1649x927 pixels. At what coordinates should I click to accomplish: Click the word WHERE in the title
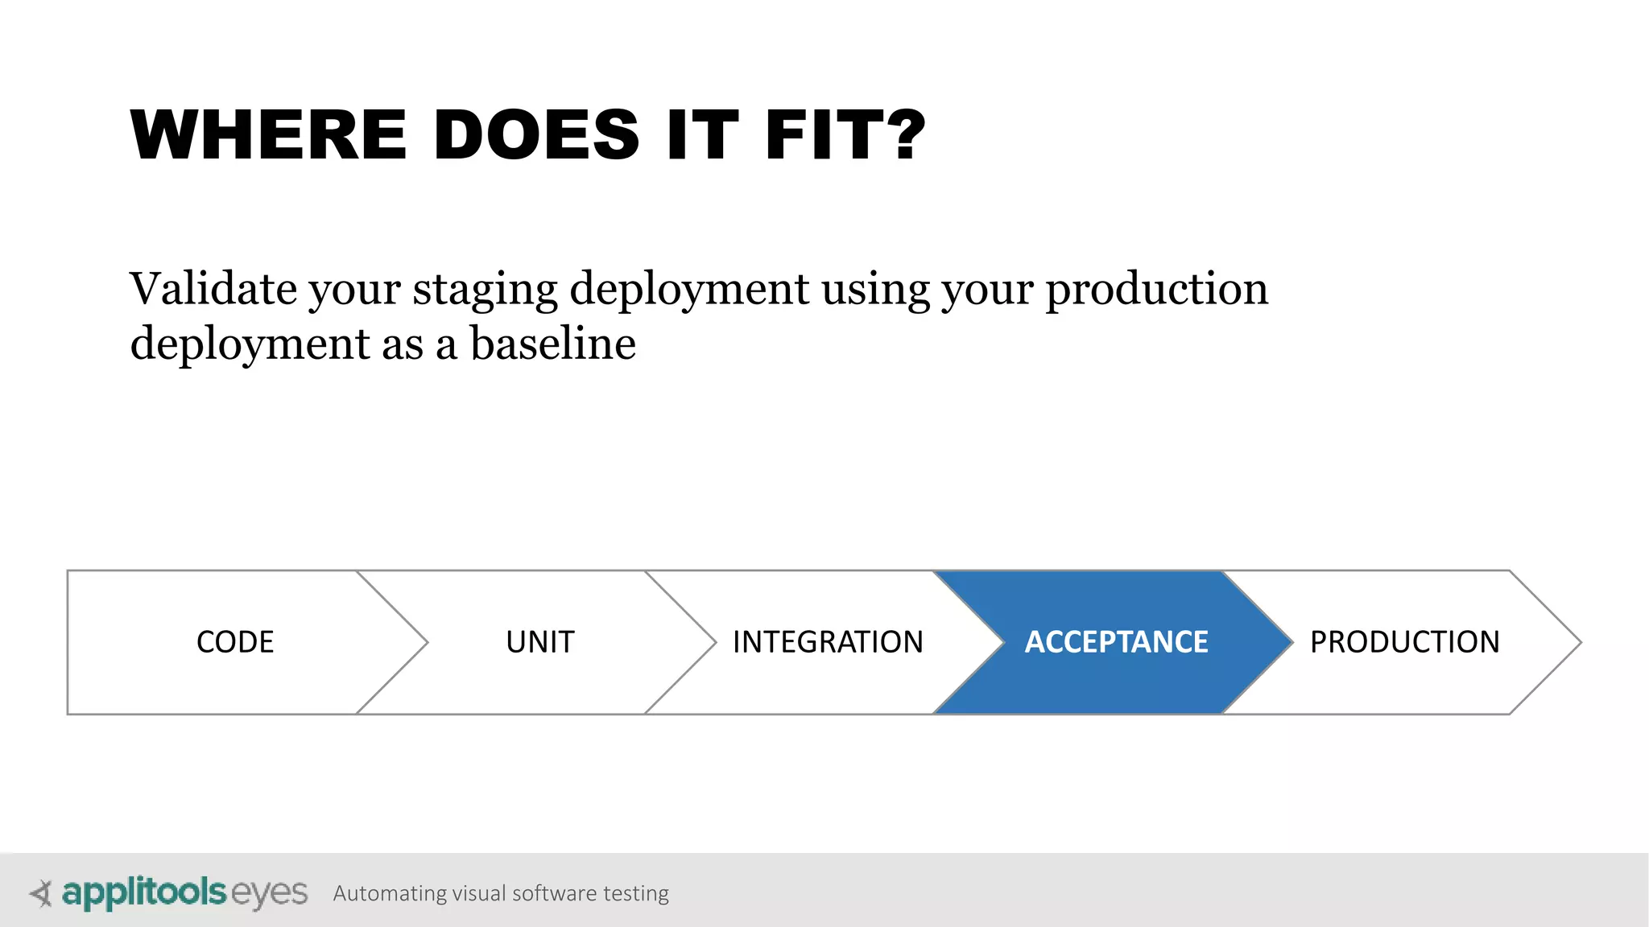coord(269,135)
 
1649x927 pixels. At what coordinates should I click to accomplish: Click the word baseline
coord(552,344)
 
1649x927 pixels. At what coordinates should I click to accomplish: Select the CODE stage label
coord(235,642)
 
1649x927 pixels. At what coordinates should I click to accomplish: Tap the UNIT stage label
coord(540,642)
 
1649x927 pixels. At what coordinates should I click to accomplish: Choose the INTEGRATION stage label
coord(828,642)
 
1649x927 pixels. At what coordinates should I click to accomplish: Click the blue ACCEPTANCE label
coord(1116,642)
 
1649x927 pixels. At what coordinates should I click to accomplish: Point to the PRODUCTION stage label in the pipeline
coord(1404,642)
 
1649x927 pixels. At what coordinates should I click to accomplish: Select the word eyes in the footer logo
coord(269,894)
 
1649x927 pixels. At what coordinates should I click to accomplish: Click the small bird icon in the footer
coord(41,893)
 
